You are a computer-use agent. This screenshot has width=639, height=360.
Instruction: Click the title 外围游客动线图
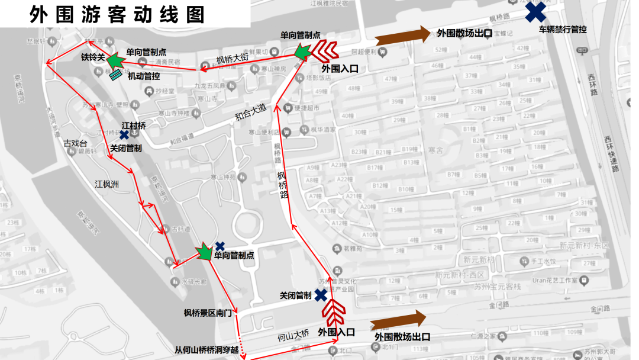pos(117,14)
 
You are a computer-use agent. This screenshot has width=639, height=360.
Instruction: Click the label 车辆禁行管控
pos(562,29)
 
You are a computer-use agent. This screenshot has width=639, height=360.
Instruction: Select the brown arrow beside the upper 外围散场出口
pos(403,35)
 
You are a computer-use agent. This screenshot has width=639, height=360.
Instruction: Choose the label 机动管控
pos(144,76)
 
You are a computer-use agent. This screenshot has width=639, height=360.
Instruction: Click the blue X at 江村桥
pos(125,135)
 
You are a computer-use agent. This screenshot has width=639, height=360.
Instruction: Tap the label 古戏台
pos(76,143)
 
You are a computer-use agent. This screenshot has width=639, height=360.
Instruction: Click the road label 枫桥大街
pos(233,59)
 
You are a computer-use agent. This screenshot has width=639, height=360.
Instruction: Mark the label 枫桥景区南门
pos(208,313)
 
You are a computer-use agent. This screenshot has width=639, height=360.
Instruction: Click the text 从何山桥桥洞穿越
pos(206,350)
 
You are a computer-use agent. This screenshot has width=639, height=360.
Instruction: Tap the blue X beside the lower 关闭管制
pos(321,294)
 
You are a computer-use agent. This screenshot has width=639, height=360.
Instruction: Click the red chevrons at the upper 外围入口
pos(324,52)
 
